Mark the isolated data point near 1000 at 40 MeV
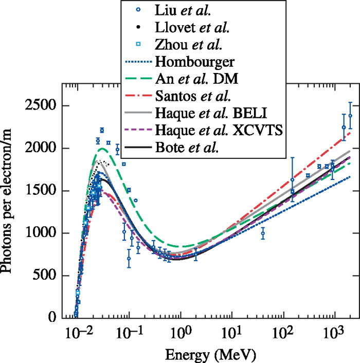click(262, 233)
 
